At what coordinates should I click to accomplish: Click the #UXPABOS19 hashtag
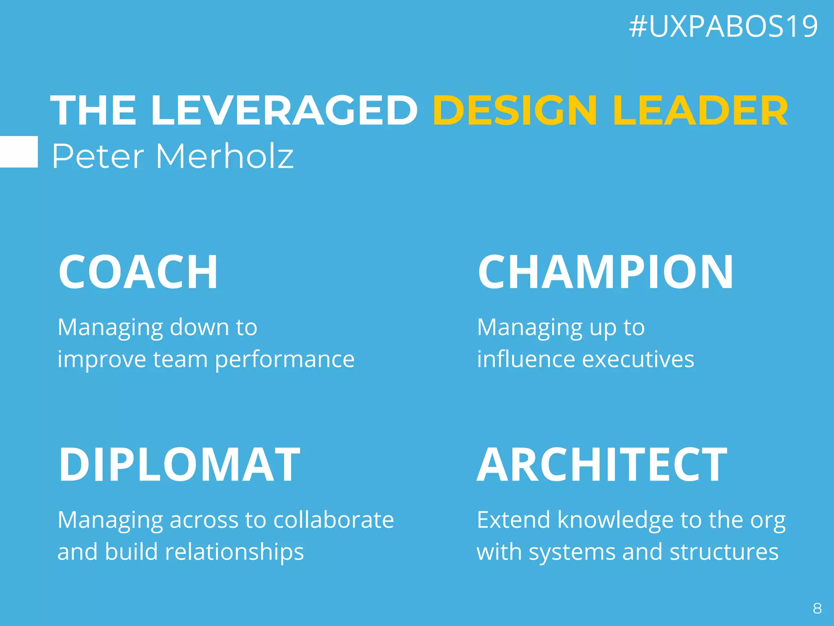tap(723, 27)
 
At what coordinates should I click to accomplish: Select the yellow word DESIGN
tap(515, 110)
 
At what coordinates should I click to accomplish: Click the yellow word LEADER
tap(700, 110)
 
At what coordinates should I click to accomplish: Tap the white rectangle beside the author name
tap(19, 152)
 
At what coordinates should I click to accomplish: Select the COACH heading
tap(138, 272)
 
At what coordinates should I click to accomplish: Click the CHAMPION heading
tap(606, 272)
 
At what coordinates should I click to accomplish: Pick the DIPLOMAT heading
tap(179, 465)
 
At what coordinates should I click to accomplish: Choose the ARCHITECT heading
tap(602, 465)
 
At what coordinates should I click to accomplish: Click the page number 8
tap(817, 608)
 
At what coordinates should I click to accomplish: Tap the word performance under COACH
tap(285, 360)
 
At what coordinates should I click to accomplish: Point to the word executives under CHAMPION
tap(638, 359)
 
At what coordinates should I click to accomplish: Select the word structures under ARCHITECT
tap(724, 552)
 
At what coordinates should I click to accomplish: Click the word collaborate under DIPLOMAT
tap(334, 520)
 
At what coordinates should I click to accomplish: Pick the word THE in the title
tap(93, 110)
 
